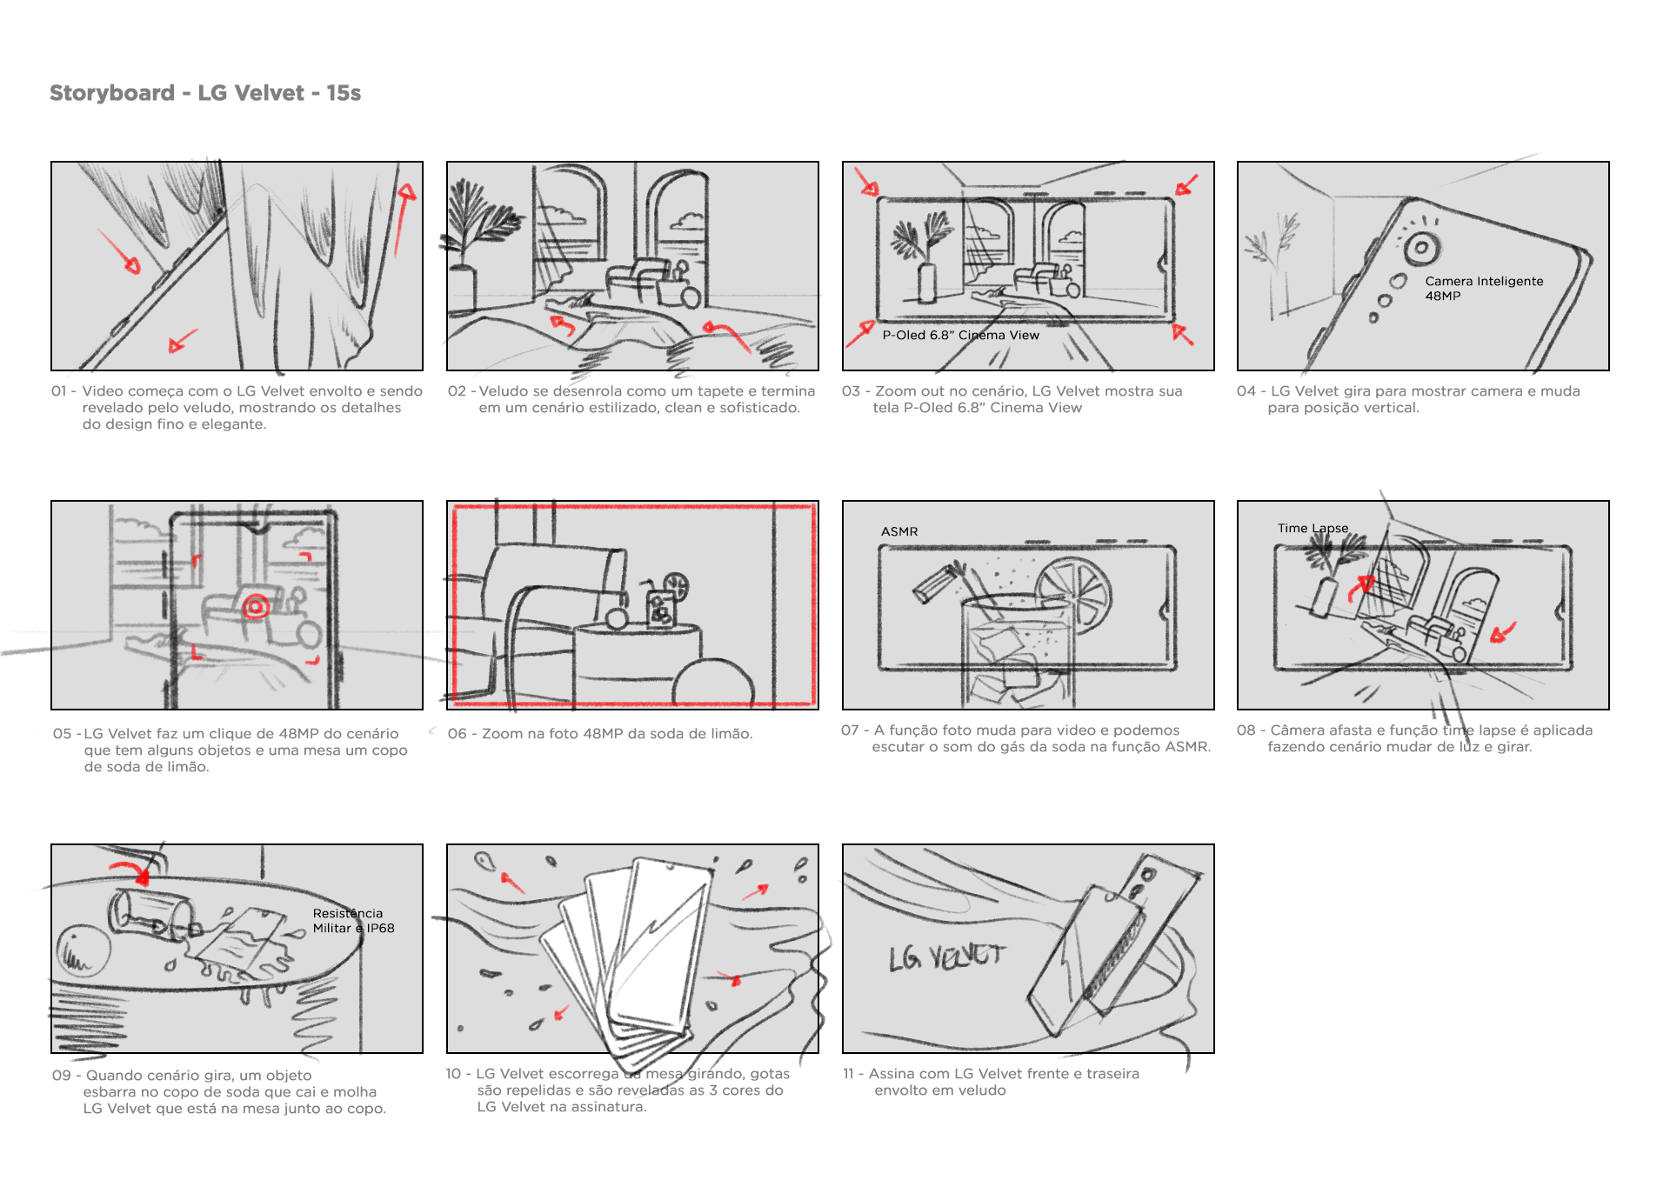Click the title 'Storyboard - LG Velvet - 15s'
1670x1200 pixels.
[x=205, y=93]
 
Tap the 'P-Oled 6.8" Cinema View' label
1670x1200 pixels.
[x=960, y=336]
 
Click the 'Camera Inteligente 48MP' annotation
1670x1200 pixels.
[x=1484, y=289]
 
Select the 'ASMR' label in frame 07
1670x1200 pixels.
[x=899, y=531]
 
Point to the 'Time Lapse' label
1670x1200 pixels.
[x=1313, y=529]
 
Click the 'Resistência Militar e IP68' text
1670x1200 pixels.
[x=353, y=921]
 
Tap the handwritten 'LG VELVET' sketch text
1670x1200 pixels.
[x=946, y=957]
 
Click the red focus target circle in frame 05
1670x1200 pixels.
[x=256, y=606]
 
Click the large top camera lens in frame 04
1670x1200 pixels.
[x=1421, y=248]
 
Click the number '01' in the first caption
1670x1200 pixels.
[x=59, y=391]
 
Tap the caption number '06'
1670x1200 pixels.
[x=457, y=734]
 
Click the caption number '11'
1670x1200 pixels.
[x=849, y=1074]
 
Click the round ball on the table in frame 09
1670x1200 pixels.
[x=83, y=952]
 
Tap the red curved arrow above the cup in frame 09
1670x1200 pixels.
[x=130, y=870]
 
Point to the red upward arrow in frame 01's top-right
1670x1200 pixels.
[x=403, y=217]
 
